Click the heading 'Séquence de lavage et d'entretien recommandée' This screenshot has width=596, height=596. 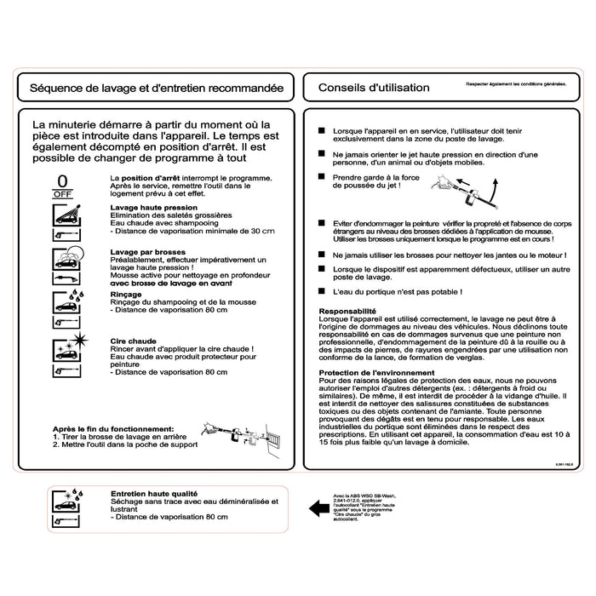156,88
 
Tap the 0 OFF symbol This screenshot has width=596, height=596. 61,186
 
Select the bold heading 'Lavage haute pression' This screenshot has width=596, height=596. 151,208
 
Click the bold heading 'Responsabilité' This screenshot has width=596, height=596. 347,312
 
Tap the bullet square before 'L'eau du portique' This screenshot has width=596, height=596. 321,291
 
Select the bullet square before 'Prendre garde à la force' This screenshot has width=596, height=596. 321,177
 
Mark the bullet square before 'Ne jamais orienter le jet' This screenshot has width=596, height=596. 321,154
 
